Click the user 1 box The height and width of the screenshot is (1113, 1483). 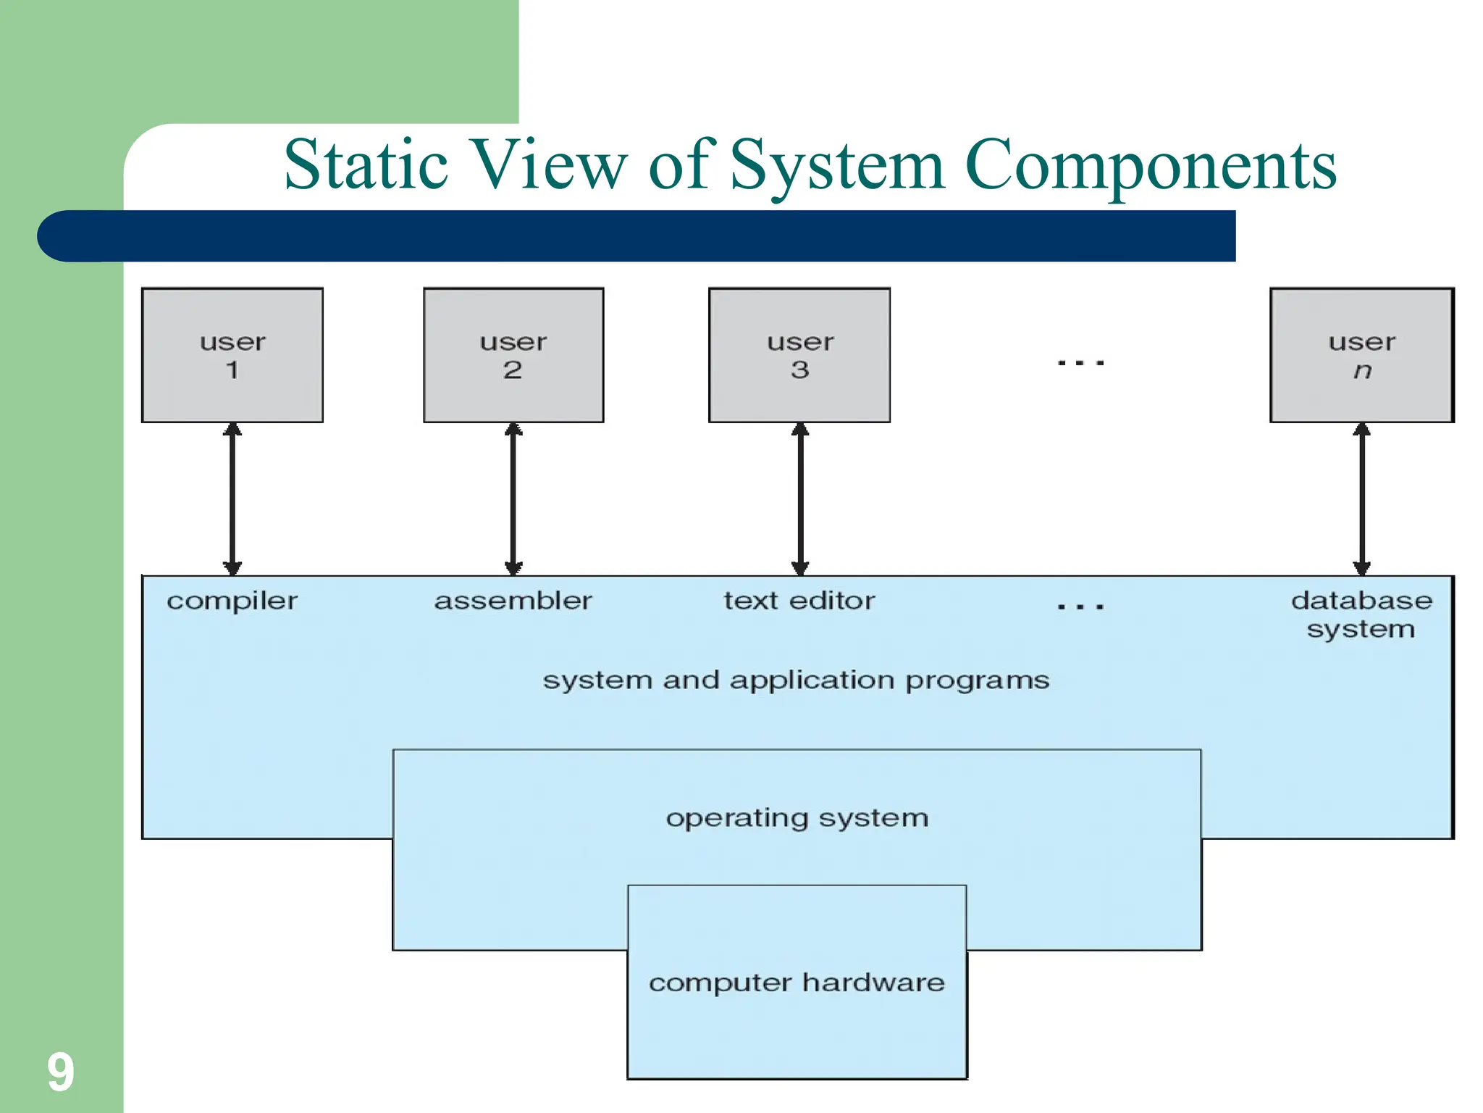tap(232, 355)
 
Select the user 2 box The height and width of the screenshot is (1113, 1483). tap(513, 355)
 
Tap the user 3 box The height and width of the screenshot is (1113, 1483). tap(799, 355)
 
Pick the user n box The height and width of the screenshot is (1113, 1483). tap(1361, 355)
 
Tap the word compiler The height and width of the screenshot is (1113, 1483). tap(232, 601)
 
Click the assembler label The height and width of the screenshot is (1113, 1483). tap(513, 601)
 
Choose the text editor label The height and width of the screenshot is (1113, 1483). tap(799, 601)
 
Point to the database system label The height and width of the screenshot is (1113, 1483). tap(1361, 614)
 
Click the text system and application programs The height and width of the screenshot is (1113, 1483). tap(796, 680)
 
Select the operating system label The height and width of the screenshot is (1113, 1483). tap(797, 818)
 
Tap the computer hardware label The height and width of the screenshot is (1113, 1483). tap(797, 983)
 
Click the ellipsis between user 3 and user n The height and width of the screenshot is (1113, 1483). tap(1080, 362)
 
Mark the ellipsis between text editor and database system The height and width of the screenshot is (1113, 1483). tap(1080, 606)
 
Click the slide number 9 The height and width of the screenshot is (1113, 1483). tap(61, 1072)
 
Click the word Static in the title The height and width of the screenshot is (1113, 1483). tap(366, 165)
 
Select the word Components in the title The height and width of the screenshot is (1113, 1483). tap(1151, 167)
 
